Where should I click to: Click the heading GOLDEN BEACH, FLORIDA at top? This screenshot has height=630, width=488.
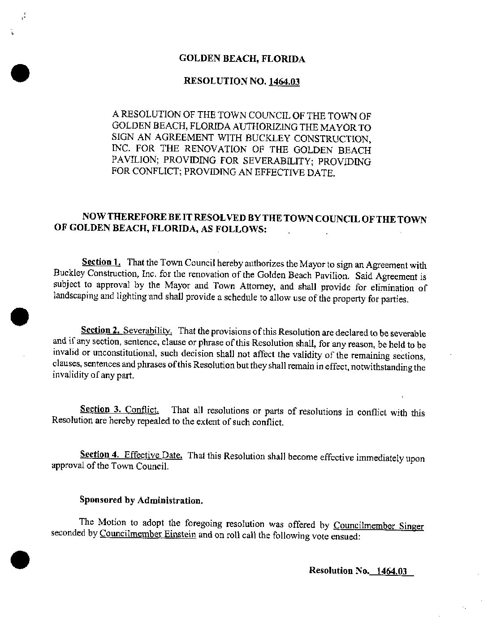point(242,59)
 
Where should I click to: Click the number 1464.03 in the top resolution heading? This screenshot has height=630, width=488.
point(284,82)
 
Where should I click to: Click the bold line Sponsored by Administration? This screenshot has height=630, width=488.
point(141,500)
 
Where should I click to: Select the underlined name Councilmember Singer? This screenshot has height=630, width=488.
point(379,526)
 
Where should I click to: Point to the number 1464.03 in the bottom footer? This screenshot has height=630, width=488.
point(391,571)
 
